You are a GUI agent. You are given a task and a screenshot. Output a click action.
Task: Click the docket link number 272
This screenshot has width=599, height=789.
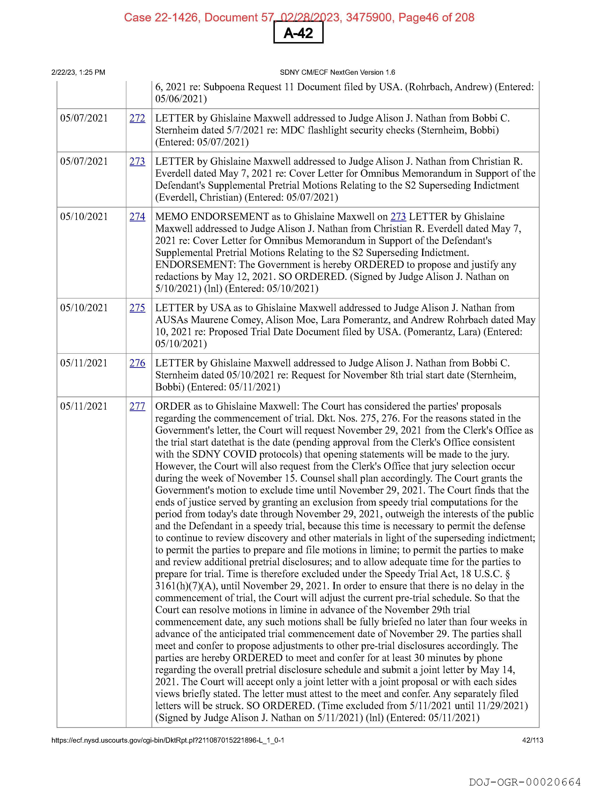point(137,118)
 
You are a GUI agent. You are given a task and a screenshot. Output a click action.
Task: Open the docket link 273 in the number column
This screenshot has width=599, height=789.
point(137,161)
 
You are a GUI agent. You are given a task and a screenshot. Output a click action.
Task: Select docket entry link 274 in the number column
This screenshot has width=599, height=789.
point(137,216)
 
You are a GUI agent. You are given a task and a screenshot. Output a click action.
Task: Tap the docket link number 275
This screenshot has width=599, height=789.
point(137,308)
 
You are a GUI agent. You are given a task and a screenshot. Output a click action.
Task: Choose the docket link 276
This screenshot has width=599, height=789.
point(137,363)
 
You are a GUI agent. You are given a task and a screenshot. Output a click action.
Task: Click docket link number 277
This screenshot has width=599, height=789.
point(137,406)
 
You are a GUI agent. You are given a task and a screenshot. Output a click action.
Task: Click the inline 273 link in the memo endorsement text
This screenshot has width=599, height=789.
point(398,216)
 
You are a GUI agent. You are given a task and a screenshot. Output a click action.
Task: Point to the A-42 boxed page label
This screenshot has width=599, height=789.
point(298,33)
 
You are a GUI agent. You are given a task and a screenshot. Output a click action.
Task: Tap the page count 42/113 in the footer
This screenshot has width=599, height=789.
point(532,740)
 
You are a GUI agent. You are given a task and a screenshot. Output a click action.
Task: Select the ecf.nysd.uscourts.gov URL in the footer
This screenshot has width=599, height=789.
point(167,740)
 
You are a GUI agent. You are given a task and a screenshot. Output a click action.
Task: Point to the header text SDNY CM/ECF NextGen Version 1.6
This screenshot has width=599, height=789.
point(337,72)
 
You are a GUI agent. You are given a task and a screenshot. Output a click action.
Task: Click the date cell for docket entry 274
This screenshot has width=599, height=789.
point(84,216)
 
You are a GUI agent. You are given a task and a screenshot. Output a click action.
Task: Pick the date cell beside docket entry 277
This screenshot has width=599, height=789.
point(84,406)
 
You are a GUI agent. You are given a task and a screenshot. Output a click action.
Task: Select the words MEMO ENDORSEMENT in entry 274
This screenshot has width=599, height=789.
point(212,216)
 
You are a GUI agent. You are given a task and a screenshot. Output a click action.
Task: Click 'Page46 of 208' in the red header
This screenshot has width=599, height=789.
point(436,17)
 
